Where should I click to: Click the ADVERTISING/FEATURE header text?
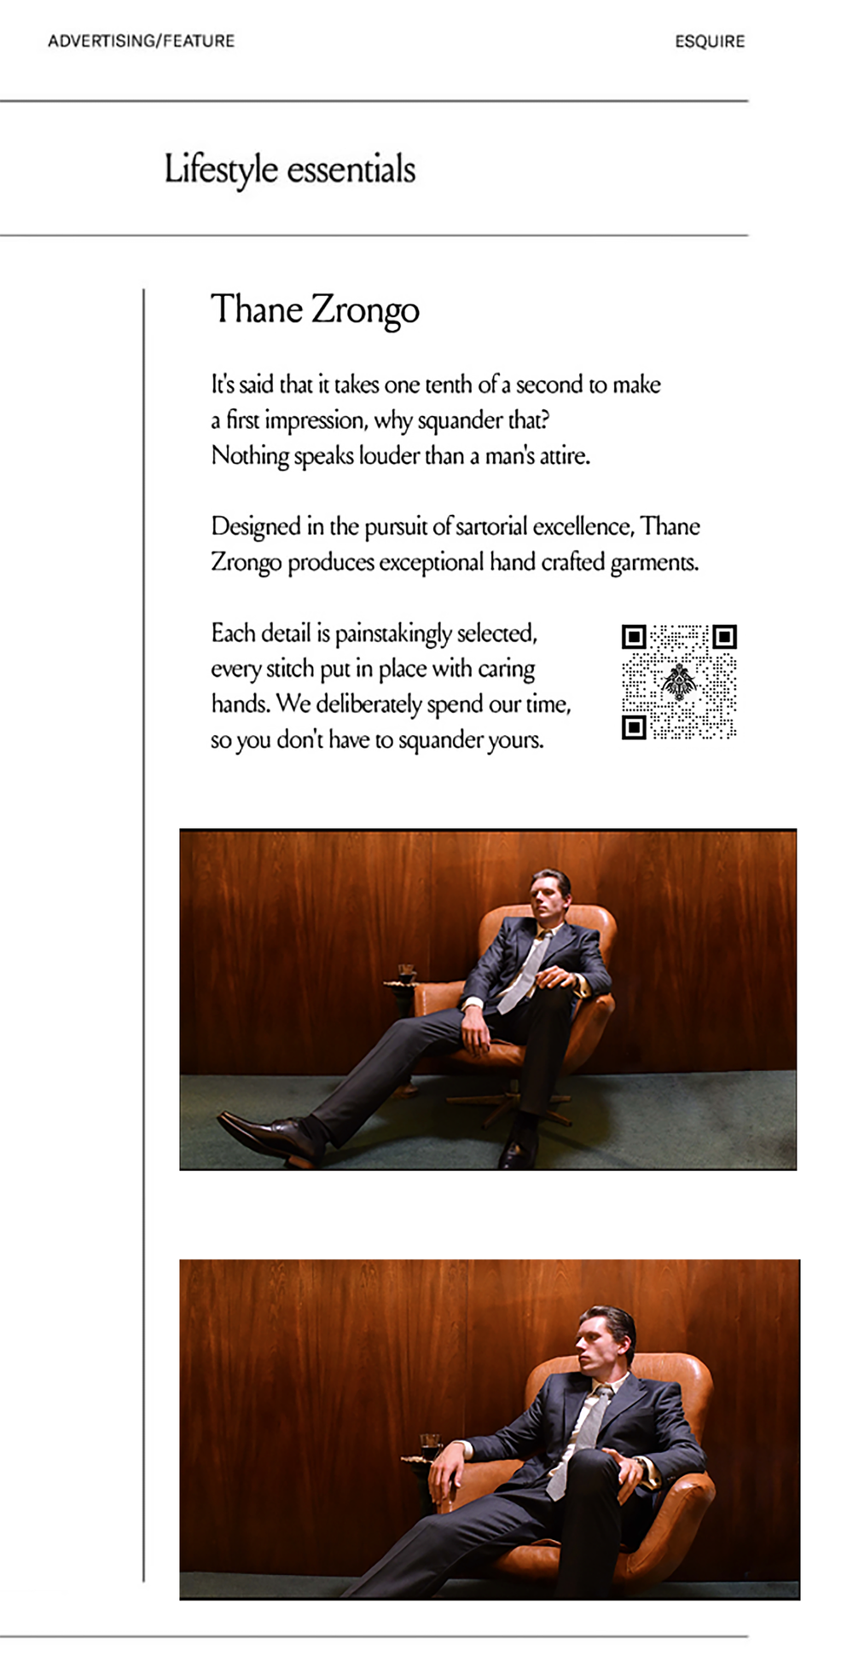pos(141,41)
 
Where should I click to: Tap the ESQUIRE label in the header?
pos(710,41)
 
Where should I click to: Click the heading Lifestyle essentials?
pos(290,169)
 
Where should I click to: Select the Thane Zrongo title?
pos(315,310)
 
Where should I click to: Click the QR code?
pos(679,681)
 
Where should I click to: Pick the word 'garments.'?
pos(654,563)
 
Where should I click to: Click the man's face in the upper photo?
pos(547,894)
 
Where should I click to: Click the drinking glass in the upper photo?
pos(407,972)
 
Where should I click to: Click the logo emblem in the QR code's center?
pos(679,681)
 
